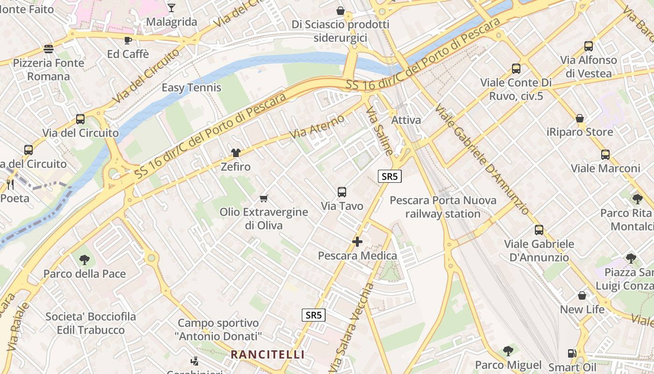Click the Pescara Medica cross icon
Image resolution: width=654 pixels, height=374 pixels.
357,242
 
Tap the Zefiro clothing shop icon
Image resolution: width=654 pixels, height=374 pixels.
235,153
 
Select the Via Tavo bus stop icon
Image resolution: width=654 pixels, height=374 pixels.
342,192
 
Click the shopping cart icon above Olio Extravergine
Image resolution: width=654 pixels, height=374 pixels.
263,198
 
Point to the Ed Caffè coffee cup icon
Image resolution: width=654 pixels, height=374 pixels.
128,40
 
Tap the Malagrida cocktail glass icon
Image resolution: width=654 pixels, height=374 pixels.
171,7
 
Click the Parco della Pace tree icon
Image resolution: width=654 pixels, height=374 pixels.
85,259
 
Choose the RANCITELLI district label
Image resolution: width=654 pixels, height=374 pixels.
268,354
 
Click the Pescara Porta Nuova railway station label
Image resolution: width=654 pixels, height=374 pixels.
443,207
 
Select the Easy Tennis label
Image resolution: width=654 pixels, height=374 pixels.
192,87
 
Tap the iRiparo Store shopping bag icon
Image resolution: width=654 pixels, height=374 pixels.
580,118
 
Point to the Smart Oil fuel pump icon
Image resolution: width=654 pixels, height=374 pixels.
571,353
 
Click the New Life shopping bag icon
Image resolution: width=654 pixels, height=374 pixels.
582,295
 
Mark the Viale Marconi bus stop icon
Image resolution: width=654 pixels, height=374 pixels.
605,154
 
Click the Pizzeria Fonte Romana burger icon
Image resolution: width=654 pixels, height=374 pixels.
48,49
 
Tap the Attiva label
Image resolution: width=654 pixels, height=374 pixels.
406,120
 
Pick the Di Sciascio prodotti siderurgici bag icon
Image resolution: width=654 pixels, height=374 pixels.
341,10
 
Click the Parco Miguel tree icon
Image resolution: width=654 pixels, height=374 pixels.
508,351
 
